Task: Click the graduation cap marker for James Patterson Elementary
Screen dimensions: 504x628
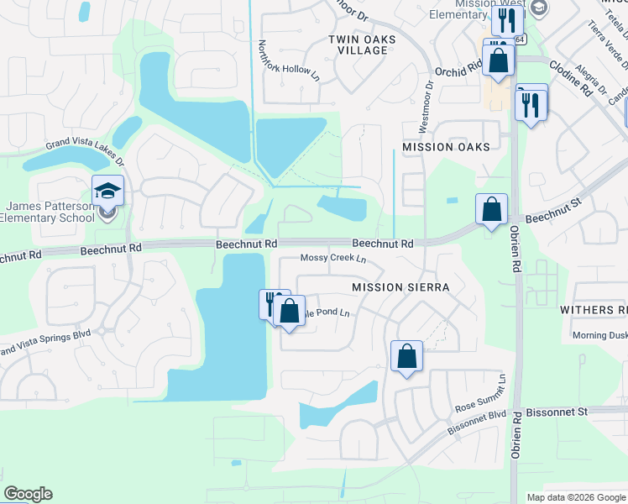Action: point(108,192)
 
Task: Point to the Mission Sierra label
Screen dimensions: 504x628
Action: point(400,287)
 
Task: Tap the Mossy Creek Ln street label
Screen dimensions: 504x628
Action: point(334,260)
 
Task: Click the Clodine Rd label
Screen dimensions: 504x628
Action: point(571,66)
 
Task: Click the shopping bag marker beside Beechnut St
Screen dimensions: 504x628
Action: point(491,209)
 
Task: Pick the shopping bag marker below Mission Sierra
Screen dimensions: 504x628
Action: point(406,356)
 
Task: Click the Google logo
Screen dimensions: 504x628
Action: point(28,495)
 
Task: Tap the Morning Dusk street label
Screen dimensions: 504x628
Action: point(597,335)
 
